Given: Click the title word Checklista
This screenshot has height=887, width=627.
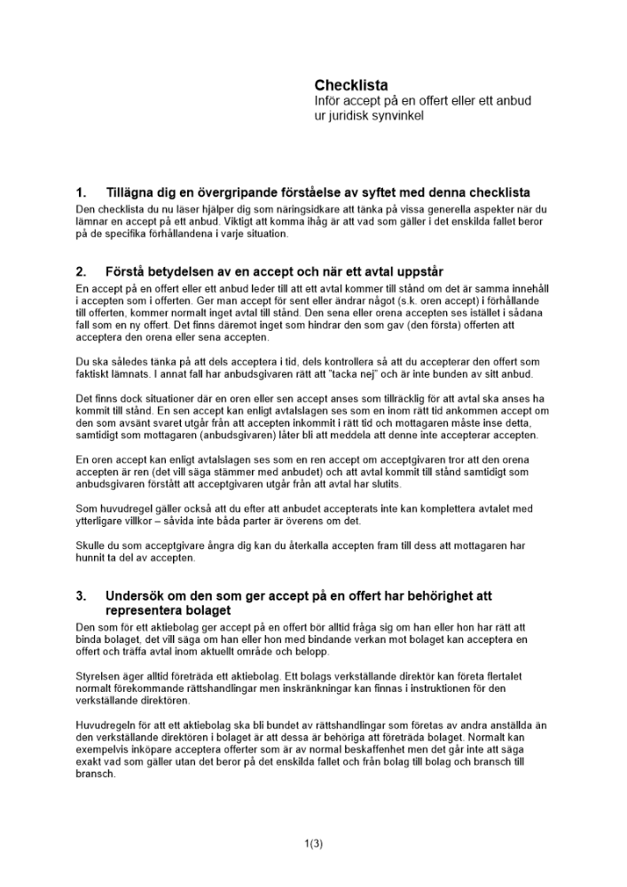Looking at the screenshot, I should (351, 85).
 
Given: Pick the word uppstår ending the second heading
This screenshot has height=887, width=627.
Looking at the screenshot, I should (417, 271).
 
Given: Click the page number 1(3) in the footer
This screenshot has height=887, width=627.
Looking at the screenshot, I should (313, 844).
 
